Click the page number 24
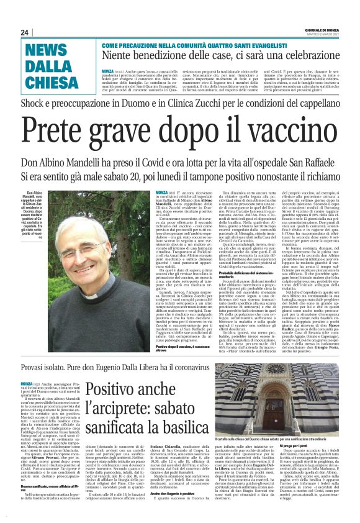25,32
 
